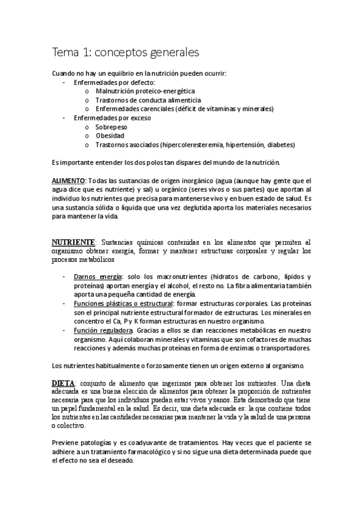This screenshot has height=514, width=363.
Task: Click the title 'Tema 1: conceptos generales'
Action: pyautogui.click(x=125, y=53)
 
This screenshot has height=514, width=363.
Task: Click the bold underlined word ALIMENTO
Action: pyautogui.click(x=68, y=181)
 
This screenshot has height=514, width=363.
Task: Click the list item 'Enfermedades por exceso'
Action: pyautogui.click(x=112, y=118)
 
